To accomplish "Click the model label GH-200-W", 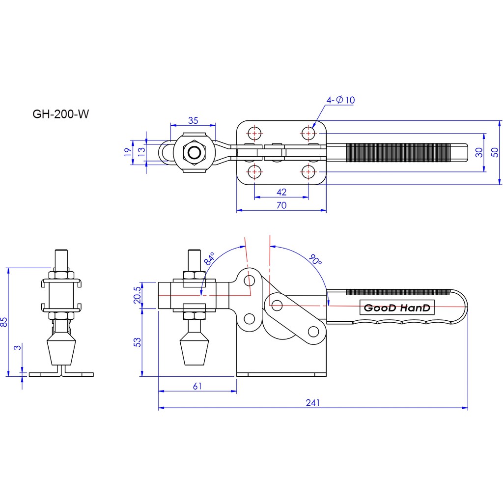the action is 60,114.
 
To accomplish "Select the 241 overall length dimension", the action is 312,403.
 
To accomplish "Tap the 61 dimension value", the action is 197,386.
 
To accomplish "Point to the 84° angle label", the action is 209,258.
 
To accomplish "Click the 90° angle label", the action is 315,259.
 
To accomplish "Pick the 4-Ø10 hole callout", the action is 340,100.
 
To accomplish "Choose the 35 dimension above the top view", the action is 193,120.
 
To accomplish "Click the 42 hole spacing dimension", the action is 281,192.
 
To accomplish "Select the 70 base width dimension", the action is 281,205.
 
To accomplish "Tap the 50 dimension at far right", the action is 495,152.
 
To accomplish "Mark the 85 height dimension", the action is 4,322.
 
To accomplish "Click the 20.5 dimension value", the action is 137,295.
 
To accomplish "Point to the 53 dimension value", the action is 137,342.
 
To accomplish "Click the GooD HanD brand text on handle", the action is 397,308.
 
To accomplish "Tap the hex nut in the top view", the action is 194,153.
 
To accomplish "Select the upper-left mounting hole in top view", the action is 255,133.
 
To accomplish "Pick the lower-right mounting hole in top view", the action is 308,171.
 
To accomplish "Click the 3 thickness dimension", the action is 18,347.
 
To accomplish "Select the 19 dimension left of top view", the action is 128,152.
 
